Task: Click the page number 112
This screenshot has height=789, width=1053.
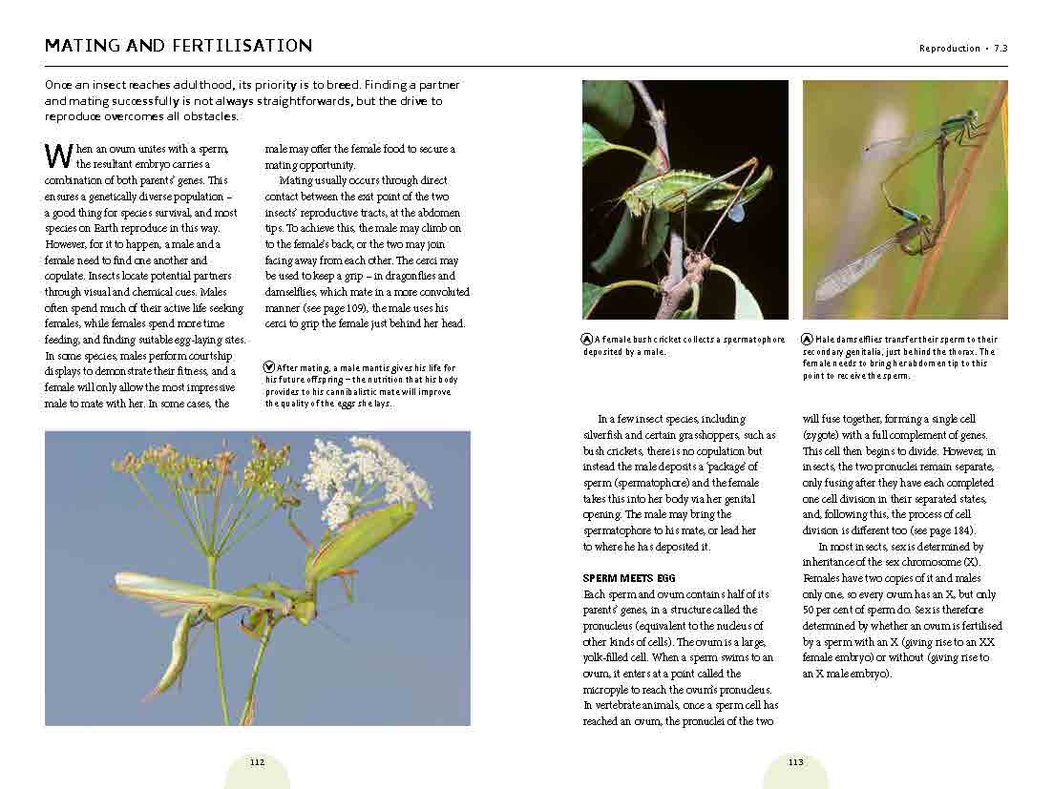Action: [x=257, y=762]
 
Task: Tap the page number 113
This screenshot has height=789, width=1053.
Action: [x=795, y=762]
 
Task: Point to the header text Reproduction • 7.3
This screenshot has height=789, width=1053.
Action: [x=963, y=49]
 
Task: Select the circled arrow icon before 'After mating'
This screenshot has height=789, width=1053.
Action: [x=270, y=367]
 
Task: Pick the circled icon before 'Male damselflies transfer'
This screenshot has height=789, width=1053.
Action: [x=809, y=339]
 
